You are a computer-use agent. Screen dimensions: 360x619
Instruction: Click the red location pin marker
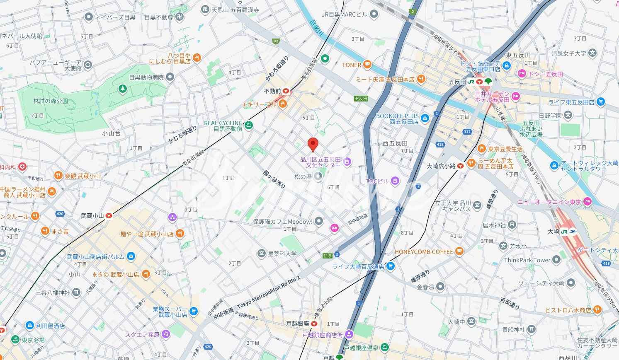point(313,144)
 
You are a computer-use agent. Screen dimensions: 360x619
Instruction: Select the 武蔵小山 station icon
point(109,215)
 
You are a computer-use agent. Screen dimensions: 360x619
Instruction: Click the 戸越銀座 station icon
point(315,324)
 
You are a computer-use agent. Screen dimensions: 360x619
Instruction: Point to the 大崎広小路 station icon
point(460,166)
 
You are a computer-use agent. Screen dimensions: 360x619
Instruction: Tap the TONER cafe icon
point(367,65)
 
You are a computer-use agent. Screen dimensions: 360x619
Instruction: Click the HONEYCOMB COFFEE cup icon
point(459,251)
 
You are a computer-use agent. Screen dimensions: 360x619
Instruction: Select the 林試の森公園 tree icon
point(122,89)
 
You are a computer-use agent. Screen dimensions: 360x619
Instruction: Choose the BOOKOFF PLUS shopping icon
point(425,119)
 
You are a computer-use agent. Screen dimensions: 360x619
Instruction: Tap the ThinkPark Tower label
point(527,260)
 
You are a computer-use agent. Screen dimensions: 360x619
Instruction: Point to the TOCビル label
point(377,181)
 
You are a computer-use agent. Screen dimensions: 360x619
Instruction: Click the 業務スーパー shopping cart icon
point(193,311)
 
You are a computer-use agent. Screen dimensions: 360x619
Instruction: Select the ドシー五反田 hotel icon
point(522,74)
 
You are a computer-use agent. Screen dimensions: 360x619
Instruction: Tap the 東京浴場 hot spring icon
point(15,340)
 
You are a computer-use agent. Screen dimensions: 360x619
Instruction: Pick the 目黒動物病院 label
point(146,77)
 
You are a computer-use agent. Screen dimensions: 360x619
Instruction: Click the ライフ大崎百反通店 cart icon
point(390,266)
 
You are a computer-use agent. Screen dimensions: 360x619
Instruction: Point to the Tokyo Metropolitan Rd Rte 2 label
point(268,299)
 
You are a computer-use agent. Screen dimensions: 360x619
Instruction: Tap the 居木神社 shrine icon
point(512,225)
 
